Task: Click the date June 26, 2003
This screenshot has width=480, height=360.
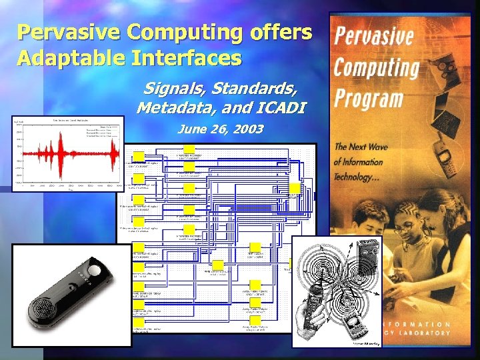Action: point(220,129)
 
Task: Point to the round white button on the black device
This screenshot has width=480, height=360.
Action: point(95,271)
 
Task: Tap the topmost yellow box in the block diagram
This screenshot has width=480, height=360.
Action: point(189,148)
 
